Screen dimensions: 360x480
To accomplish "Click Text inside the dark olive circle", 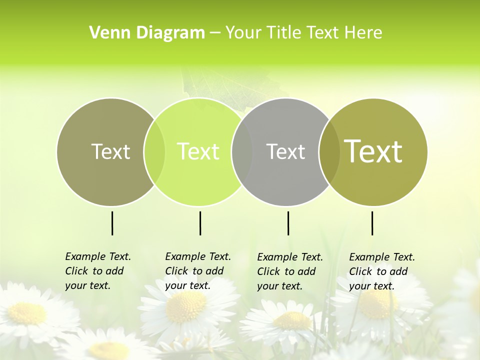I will coord(110,151).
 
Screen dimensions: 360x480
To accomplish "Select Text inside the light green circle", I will coord(198,151).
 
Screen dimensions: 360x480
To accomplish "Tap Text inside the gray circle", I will coord(285,151).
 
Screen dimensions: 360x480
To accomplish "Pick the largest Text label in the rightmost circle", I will coord(373,151).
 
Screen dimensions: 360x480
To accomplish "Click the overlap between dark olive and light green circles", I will coord(154,152).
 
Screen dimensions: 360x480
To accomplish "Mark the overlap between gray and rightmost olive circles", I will coord(327,152).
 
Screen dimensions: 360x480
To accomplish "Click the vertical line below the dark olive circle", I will coord(112,223).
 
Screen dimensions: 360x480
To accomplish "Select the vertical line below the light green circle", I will coord(200,223).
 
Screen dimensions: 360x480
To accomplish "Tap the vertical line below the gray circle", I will coord(288,223).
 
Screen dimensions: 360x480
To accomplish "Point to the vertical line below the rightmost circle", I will coord(372,223).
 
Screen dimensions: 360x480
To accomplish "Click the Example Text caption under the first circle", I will coord(97,271).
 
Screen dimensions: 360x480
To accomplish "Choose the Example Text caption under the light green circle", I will coord(197,271).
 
